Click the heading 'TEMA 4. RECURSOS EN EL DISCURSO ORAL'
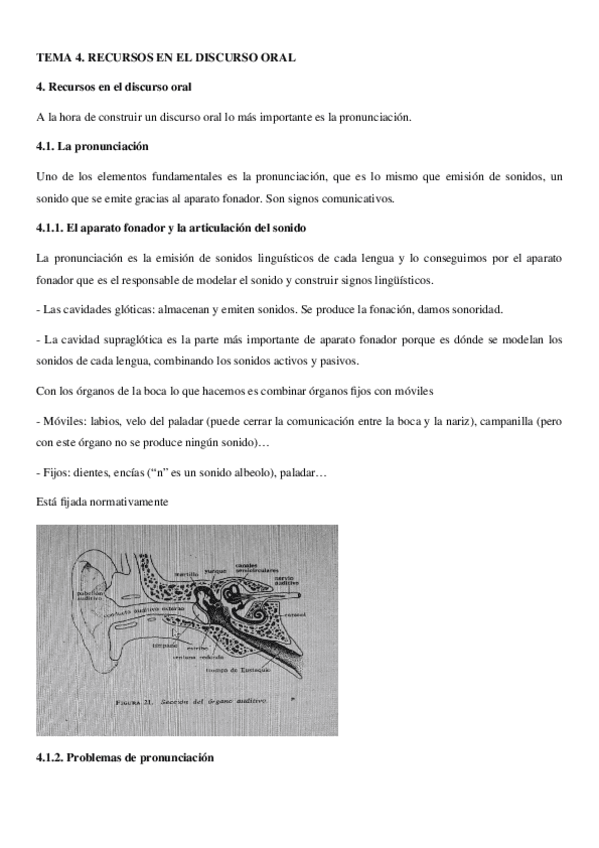pos(165,59)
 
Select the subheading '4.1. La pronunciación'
pos(91,146)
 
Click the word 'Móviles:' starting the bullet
pos(63,423)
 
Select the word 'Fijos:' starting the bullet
pos(57,471)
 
